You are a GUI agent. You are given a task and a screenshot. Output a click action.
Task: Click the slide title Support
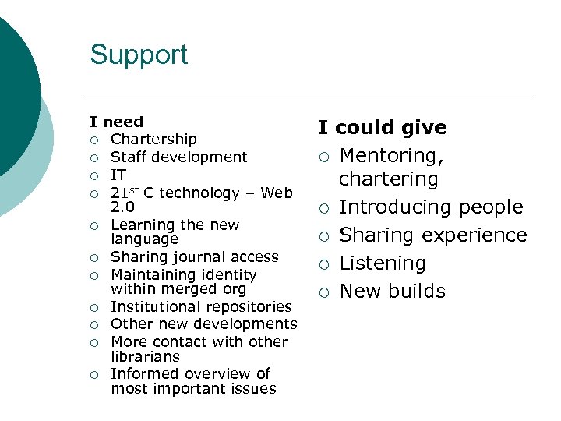pyautogui.click(x=139, y=55)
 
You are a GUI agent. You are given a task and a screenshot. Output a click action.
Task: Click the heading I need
pyautogui.click(x=117, y=122)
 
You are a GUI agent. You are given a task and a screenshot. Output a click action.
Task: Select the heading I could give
pyautogui.click(x=382, y=128)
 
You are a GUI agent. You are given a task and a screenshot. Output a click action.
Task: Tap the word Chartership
pyautogui.click(x=153, y=140)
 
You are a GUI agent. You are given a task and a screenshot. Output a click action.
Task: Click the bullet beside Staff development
pyautogui.click(x=94, y=157)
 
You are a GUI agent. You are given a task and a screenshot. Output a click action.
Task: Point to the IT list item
pyautogui.click(x=118, y=175)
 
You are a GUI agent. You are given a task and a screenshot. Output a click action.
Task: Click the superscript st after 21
pyautogui.click(x=135, y=189)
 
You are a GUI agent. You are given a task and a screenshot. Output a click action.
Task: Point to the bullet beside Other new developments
pyautogui.click(x=94, y=324)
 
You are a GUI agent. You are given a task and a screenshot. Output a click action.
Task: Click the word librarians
pyautogui.click(x=145, y=356)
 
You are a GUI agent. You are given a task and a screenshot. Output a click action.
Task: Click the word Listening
pyautogui.click(x=383, y=264)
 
